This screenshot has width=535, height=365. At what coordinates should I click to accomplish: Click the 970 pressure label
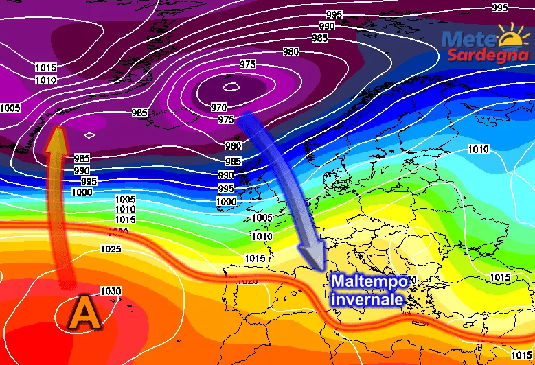click(219, 107)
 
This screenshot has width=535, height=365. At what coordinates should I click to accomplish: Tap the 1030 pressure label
click(111, 291)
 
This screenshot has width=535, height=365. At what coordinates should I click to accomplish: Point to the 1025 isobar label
click(111, 248)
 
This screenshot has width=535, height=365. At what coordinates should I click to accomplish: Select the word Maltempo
click(372, 282)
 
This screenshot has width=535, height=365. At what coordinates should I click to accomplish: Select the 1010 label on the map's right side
click(478, 150)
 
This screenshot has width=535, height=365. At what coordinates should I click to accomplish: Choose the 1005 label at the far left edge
click(10, 108)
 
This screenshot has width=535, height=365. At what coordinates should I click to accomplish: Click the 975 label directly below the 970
click(226, 119)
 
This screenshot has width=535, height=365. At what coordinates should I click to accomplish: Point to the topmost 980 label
click(291, 52)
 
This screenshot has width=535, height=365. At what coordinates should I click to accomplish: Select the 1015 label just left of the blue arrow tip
click(255, 259)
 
